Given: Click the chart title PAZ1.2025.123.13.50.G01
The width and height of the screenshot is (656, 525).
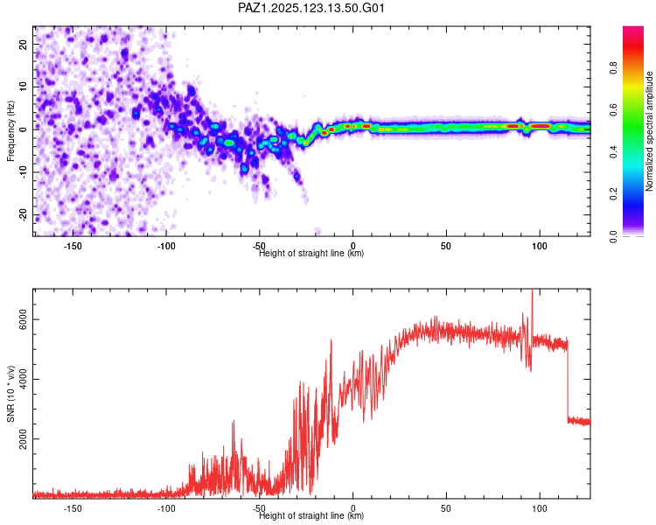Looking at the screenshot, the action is pos(311,8).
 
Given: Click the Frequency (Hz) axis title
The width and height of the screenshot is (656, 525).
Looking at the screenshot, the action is pos(10,130).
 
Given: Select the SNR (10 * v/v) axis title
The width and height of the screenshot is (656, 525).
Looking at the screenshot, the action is pos(10,394).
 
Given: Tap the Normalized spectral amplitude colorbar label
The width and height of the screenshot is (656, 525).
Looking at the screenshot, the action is pos(649,131).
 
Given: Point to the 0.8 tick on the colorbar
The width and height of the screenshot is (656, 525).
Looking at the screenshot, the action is pos(613,67).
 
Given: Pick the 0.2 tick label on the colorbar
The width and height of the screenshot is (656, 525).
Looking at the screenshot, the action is pos(613,193).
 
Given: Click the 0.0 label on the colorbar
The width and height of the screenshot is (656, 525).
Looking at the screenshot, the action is pos(613,236).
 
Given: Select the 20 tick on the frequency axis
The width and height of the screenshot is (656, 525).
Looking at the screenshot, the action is pos(23,45).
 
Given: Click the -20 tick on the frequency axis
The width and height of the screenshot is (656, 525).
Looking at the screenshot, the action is pos(23,215).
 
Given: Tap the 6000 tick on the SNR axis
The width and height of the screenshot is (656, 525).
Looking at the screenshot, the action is pos(23,319).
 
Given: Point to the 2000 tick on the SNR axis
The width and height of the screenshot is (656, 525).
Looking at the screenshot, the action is pos(23,438).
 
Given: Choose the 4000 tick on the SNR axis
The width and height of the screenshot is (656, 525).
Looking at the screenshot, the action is pos(23,379).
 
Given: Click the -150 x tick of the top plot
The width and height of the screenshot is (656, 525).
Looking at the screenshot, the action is pos(73,246).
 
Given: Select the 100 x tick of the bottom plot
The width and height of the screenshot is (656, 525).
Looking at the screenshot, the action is pos(540,508).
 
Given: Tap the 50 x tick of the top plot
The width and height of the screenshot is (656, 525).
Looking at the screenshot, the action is pos(446,246).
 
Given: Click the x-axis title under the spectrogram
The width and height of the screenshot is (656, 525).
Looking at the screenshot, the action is pos(311,253).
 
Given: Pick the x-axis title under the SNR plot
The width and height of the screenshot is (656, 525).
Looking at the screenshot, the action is pos(311,515).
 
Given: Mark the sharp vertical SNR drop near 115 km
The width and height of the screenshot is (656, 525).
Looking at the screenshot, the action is pos(568,381).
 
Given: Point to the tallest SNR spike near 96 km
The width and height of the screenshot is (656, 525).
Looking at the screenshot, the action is pos(532,290).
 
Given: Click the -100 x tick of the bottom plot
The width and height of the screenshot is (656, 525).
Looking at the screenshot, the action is pos(165,508).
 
